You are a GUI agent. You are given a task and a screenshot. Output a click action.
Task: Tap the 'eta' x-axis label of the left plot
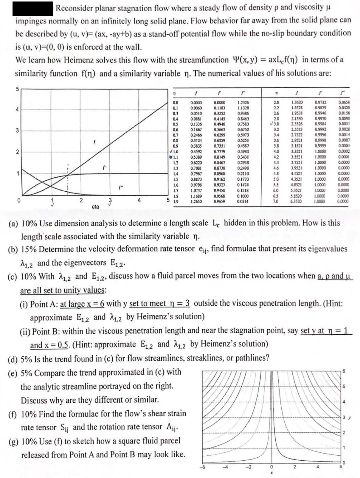95,207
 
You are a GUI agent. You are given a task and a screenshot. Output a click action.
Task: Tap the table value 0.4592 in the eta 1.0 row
196,152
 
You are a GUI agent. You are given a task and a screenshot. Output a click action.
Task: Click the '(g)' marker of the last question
14,442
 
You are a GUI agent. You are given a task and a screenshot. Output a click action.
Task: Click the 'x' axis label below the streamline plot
272,473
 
